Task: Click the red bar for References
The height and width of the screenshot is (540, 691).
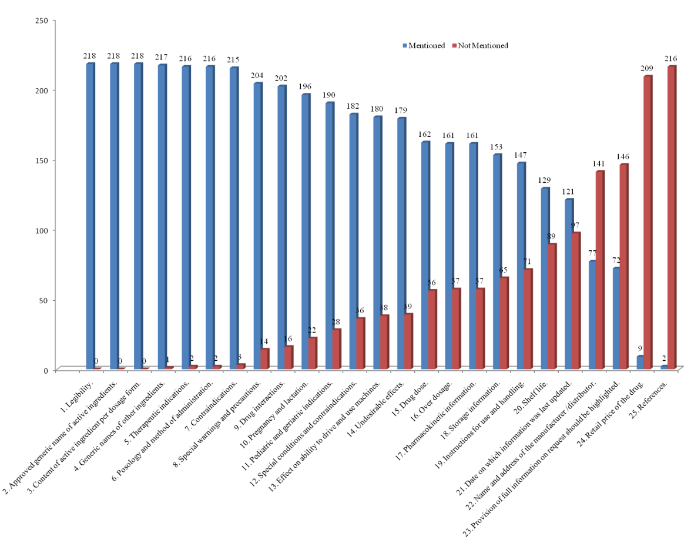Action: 672,217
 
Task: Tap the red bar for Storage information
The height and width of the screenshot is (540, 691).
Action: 504,323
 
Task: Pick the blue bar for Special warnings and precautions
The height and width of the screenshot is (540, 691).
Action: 257,226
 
